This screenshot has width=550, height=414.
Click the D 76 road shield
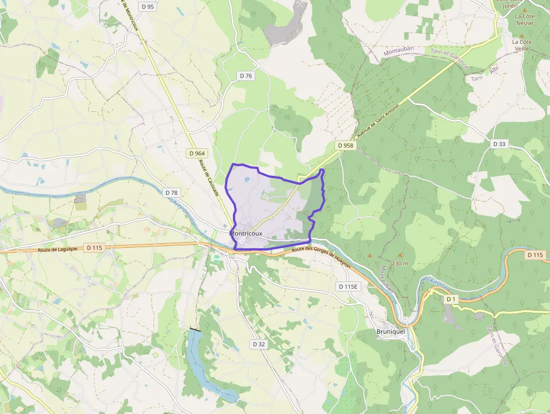(246, 76)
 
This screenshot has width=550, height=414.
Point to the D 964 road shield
(197, 153)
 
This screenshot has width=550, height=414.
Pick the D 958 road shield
(346, 145)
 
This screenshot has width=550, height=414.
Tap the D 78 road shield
(172, 192)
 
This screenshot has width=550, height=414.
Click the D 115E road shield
(349, 286)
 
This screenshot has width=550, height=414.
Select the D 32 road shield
(259, 344)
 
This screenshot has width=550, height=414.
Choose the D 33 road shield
(499, 144)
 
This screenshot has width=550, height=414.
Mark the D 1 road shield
(451, 299)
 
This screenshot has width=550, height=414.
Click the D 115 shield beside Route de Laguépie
(95, 247)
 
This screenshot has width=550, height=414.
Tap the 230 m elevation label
(400, 263)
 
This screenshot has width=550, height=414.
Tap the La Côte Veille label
(521, 45)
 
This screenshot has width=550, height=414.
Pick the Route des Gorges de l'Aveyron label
(320, 256)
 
